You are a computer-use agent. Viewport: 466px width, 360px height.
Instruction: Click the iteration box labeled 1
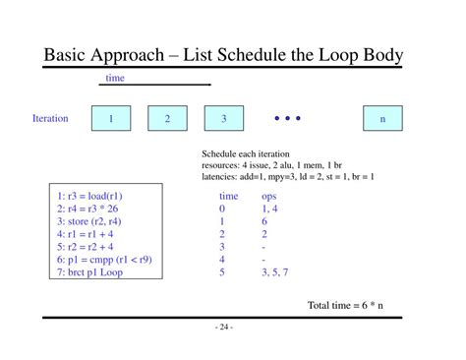[111, 118]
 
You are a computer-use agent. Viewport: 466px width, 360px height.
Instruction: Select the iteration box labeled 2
[167, 118]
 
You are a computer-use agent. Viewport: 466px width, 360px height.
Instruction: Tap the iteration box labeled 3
[224, 118]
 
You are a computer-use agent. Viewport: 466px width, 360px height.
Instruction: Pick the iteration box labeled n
[382, 118]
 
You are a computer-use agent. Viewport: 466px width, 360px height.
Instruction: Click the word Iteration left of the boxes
[50, 118]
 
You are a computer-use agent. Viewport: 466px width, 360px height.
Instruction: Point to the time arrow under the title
[155, 85]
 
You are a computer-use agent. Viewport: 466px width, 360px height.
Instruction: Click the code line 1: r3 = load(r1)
[89, 196]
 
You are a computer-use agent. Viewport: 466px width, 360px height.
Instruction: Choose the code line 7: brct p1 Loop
[89, 272]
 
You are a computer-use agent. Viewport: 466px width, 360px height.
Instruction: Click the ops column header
[269, 197]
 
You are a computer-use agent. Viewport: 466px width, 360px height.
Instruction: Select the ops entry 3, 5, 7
[274, 272]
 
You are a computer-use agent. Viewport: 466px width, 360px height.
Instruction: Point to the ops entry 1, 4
[269, 209]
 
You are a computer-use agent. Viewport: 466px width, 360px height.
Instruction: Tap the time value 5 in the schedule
[222, 272]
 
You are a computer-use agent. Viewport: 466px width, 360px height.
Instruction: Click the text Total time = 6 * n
[345, 305]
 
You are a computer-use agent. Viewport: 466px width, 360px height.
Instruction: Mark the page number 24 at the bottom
[224, 327]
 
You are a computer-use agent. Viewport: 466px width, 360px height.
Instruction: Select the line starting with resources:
[271, 165]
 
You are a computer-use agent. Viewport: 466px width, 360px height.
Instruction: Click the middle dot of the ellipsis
[287, 118]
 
